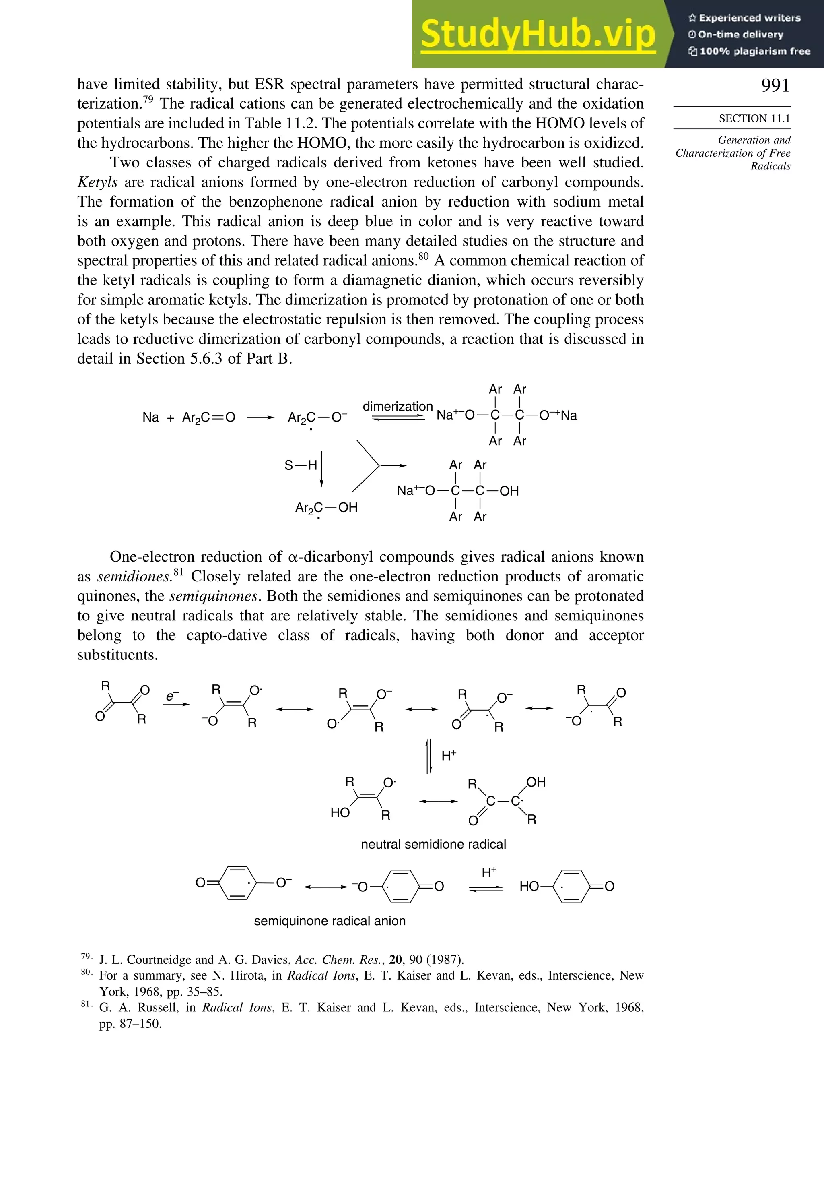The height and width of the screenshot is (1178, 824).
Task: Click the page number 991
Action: point(775,85)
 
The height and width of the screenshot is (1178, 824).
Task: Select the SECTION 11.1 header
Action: point(754,118)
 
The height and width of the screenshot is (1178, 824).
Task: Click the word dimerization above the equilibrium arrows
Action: point(398,406)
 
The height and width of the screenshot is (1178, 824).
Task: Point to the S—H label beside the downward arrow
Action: point(301,465)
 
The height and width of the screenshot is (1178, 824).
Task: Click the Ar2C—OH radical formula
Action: point(326,508)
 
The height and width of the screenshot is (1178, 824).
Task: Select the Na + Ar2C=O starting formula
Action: point(188,417)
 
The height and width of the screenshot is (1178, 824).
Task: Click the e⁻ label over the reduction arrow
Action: point(172,696)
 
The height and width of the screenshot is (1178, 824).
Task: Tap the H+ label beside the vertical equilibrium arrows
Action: point(449,755)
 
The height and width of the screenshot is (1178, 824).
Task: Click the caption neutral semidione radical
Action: point(433,844)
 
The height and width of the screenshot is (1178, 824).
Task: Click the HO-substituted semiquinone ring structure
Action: point(566,886)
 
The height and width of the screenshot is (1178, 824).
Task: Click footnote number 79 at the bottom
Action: point(86,957)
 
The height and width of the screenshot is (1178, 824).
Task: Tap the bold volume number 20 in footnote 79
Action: point(396,959)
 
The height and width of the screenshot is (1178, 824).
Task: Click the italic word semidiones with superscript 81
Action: point(134,577)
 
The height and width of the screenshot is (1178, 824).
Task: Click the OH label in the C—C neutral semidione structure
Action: point(536,782)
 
